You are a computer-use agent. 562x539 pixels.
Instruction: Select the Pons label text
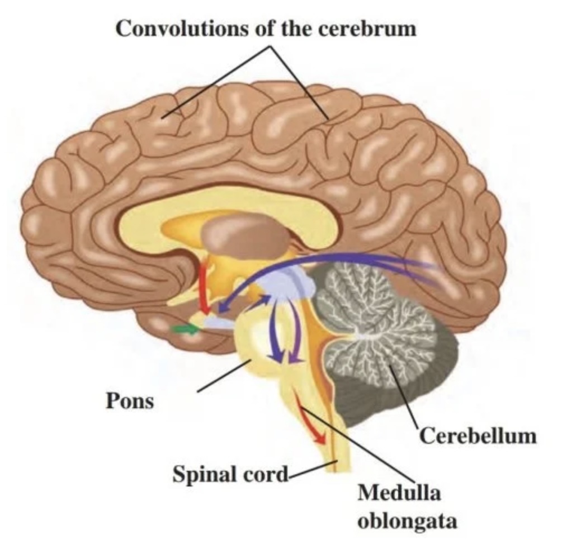(x=129, y=400)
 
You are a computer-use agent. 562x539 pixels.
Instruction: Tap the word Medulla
(x=399, y=494)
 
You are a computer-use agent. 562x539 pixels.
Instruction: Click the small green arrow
(x=186, y=329)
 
